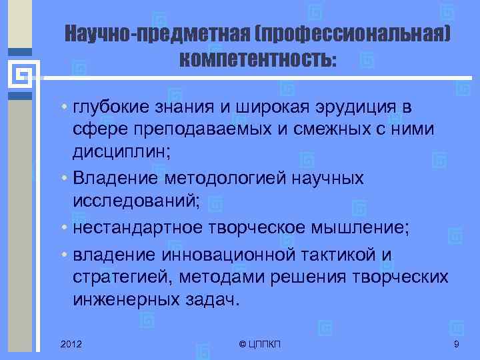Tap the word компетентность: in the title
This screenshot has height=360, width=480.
[258, 61]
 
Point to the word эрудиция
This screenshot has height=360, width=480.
[347, 107]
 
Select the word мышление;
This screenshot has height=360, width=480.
[369, 227]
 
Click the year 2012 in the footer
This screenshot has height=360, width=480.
[71, 343]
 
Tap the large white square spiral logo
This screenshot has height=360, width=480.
[20, 75]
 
